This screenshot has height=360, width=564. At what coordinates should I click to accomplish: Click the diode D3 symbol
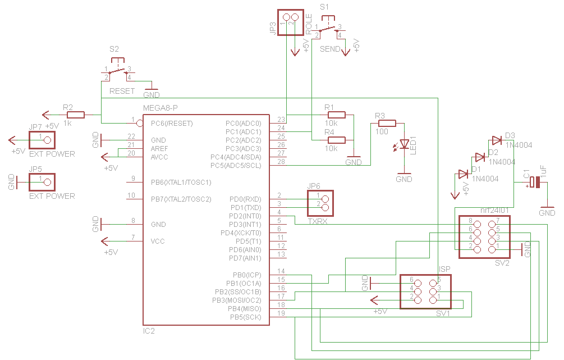click(496, 140)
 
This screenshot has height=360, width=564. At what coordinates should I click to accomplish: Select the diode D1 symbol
click(463, 174)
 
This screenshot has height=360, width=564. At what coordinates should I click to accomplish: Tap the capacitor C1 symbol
click(535, 182)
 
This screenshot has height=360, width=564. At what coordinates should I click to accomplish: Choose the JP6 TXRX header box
click(320, 203)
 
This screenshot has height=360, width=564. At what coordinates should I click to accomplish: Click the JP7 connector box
click(43, 140)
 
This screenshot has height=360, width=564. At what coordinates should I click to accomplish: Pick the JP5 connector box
click(43, 181)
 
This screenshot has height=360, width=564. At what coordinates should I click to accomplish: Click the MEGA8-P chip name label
click(161, 108)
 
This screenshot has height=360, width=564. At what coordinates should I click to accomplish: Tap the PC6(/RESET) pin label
click(172, 123)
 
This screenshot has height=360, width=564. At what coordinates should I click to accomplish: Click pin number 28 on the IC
click(281, 162)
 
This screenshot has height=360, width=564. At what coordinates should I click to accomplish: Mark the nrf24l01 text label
click(494, 210)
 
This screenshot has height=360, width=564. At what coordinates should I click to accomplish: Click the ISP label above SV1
click(444, 269)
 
